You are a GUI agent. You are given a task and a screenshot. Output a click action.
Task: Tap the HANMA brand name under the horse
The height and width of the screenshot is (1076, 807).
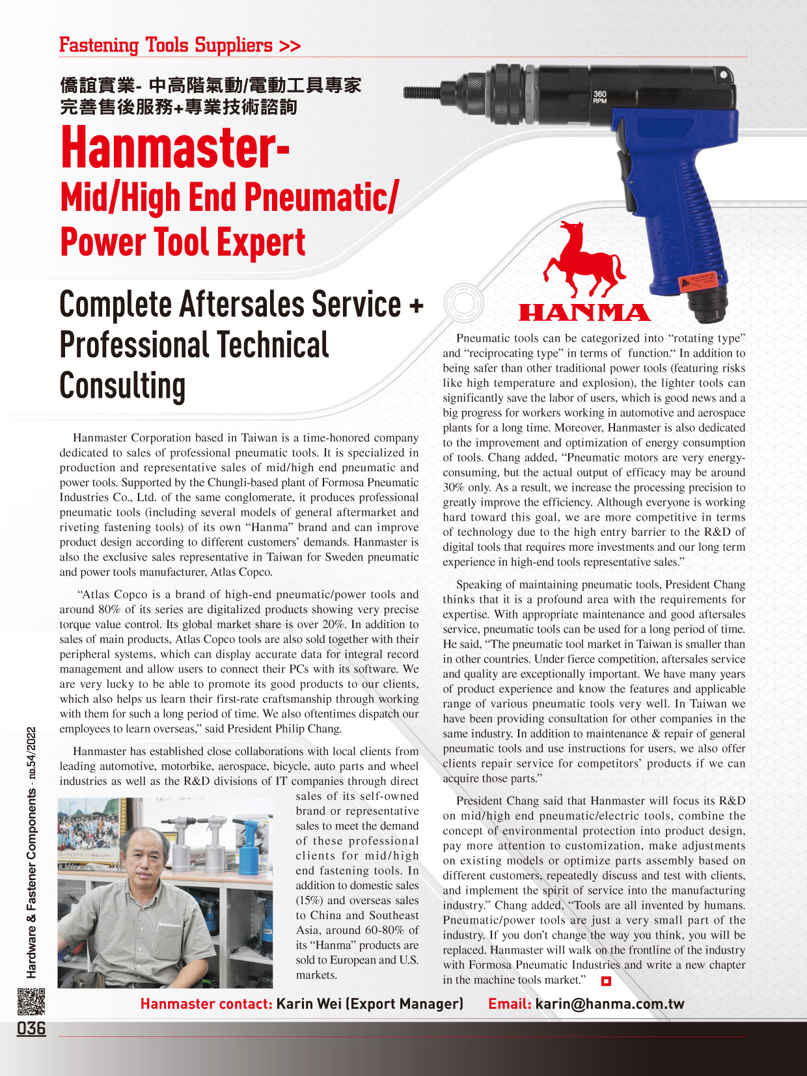584,313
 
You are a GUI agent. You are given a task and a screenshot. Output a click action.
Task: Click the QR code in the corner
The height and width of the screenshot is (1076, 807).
31,1001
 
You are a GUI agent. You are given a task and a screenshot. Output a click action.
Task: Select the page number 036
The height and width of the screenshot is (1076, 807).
31,1028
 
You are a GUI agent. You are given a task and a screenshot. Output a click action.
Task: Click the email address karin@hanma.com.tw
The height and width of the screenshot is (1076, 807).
610,1004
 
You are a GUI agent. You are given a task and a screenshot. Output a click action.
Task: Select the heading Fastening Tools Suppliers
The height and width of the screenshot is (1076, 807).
180,46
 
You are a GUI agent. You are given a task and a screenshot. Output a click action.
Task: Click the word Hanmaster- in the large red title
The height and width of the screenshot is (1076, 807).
174,148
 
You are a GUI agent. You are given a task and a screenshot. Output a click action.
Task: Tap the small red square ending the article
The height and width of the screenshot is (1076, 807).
606,980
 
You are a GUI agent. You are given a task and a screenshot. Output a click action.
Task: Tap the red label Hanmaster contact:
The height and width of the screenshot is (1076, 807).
206,1004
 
